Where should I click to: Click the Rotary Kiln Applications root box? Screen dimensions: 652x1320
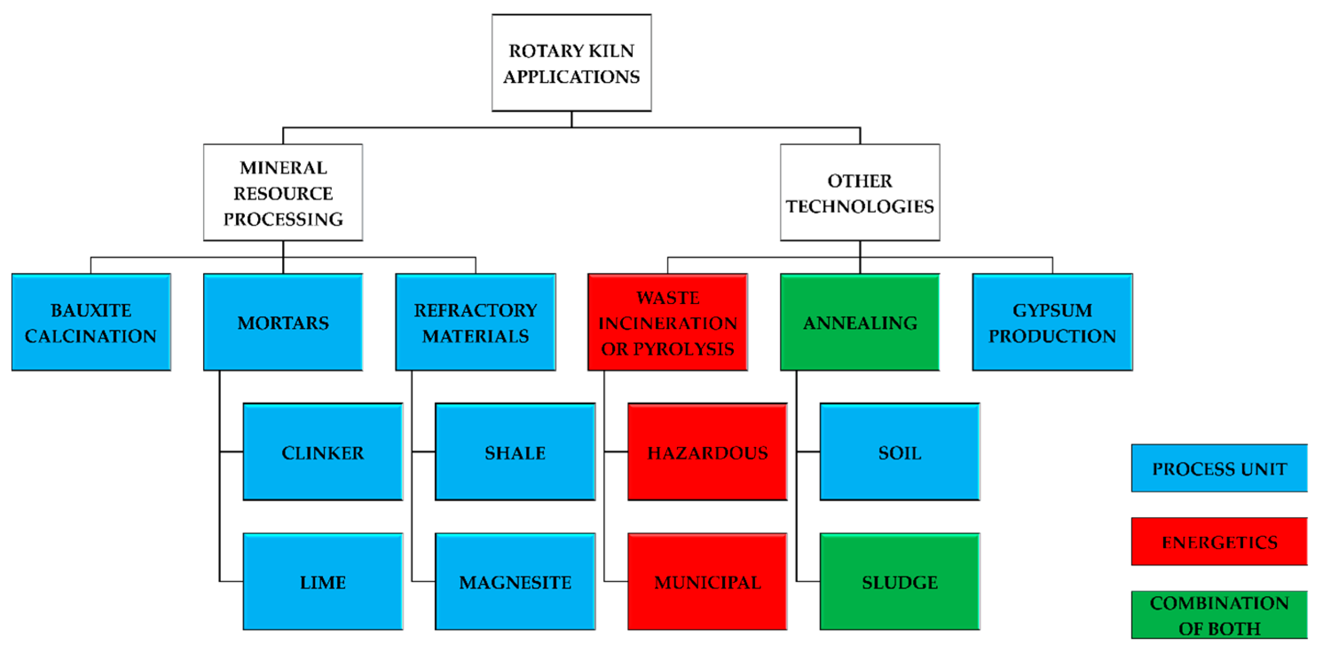coord(571,63)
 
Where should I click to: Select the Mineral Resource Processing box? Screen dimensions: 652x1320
coord(283,192)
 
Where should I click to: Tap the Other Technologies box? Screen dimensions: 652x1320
coord(860,192)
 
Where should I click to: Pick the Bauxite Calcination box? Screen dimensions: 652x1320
coord(91,322)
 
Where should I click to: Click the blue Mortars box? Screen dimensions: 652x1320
coord(283,322)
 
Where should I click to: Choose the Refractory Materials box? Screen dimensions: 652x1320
coord(475,322)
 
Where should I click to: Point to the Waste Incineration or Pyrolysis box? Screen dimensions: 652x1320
coord(668,322)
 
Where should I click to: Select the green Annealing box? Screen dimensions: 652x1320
coord(860,322)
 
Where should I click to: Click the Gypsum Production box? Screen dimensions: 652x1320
coord(1053,322)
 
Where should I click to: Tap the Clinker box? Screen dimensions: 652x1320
coord(323,452)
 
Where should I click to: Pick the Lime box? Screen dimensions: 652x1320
coord(323,582)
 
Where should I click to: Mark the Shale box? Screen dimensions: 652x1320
coord(515,452)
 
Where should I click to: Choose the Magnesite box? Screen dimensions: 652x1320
coord(515,582)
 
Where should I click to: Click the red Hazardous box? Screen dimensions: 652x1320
coord(707,452)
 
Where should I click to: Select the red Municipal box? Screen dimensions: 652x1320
coord(707,582)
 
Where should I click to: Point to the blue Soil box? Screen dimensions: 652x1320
coord(900,452)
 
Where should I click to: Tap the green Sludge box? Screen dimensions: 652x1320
coord(900,582)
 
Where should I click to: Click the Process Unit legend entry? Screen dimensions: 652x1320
coord(1220,468)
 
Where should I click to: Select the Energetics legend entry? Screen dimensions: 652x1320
coord(1220,541)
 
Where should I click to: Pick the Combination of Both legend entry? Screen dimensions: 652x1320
coord(1220,615)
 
